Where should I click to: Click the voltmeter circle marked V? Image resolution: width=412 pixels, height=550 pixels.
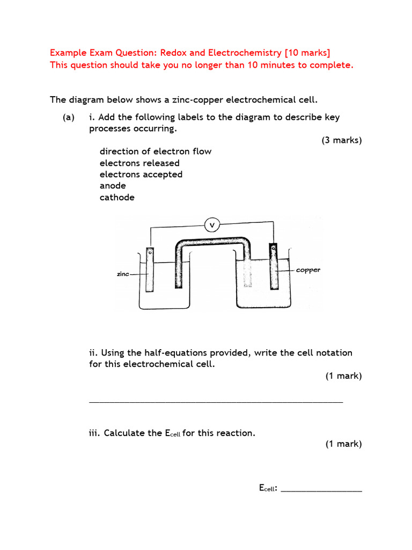(x=213, y=225)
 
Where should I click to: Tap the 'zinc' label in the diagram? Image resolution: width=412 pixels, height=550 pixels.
(x=123, y=274)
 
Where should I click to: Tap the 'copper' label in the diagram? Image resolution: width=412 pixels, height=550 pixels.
(x=308, y=270)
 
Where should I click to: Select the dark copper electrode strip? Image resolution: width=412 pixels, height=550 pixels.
(x=274, y=267)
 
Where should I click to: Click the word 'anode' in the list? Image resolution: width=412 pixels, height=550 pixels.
(x=113, y=186)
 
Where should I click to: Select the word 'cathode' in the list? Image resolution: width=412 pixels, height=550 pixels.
(x=117, y=197)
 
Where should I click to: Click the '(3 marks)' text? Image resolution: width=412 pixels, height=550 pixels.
(x=342, y=140)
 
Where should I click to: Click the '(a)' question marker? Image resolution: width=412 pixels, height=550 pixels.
(x=68, y=117)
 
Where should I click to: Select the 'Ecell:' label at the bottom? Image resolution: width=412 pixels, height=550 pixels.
(x=268, y=488)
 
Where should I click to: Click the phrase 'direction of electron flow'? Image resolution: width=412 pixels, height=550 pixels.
(x=156, y=151)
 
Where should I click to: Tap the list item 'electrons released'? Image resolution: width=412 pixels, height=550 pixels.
(x=139, y=163)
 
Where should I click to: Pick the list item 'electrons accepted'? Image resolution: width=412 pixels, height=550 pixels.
(x=141, y=175)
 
